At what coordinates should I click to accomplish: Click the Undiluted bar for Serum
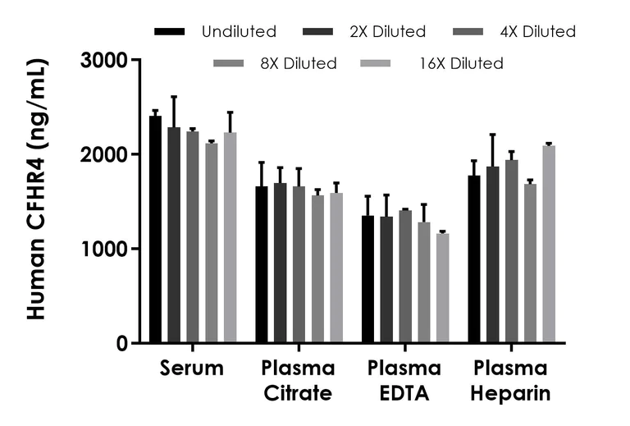[155, 230]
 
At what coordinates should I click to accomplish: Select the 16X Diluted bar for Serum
[231, 238]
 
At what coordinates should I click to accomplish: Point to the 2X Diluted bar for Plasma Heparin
[492, 254]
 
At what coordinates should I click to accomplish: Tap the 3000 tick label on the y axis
[106, 61]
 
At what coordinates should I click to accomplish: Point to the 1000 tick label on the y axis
[106, 250]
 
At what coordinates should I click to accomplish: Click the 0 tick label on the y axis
[121, 344]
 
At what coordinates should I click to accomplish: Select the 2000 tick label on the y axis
[106, 155]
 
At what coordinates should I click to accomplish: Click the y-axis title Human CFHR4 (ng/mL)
[38, 189]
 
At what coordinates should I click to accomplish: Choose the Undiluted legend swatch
[169, 32]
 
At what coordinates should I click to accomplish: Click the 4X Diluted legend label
[538, 32]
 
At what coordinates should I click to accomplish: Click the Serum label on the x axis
[192, 369]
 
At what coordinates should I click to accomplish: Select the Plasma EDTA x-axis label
[404, 380]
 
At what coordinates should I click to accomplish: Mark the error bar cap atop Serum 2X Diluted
[174, 97]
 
